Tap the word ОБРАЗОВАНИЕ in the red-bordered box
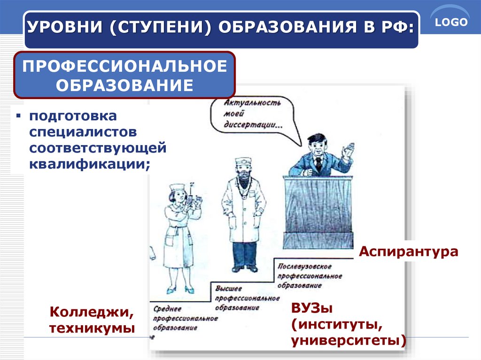point(125,85)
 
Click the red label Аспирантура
point(408,251)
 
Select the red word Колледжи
point(88,312)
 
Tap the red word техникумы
point(92,328)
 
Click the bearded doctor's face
point(243,172)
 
